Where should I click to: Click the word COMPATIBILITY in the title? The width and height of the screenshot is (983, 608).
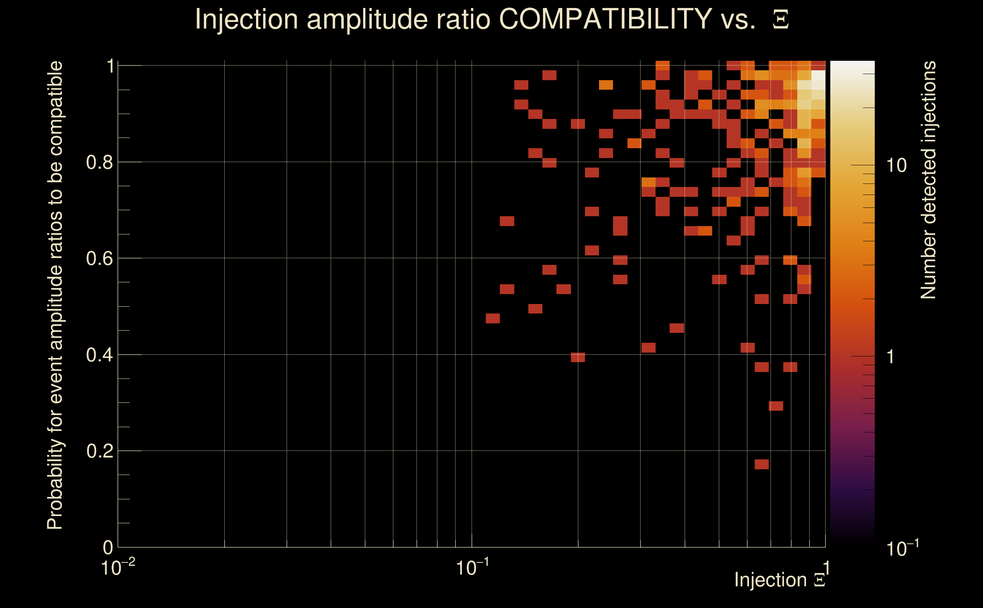(605, 19)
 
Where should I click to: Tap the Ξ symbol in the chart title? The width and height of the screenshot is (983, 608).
(781, 20)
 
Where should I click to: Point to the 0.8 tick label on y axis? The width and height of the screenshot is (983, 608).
(99, 163)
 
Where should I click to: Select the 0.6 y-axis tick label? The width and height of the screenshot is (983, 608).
(99, 258)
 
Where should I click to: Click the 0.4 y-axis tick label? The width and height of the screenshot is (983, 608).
(99, 355)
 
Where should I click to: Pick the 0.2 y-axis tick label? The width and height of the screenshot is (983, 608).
(99, 451)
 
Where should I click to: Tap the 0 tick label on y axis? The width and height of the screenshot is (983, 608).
(108, 548)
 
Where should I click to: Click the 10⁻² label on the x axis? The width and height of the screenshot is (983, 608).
(118, 567)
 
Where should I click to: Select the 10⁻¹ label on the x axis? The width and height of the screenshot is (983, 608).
(472, 567)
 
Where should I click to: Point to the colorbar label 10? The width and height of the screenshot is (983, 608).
(896, 166)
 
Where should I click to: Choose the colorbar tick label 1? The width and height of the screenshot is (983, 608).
(891, 357)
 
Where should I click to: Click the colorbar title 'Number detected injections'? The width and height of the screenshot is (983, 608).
(928, 180)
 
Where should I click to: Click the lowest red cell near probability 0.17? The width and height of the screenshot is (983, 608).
(762, 464)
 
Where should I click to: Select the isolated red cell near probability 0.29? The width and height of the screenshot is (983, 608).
(776, 406)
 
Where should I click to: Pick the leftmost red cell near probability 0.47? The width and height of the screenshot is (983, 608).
(493, 318)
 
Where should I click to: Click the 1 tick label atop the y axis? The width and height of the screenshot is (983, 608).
(110, 66)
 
